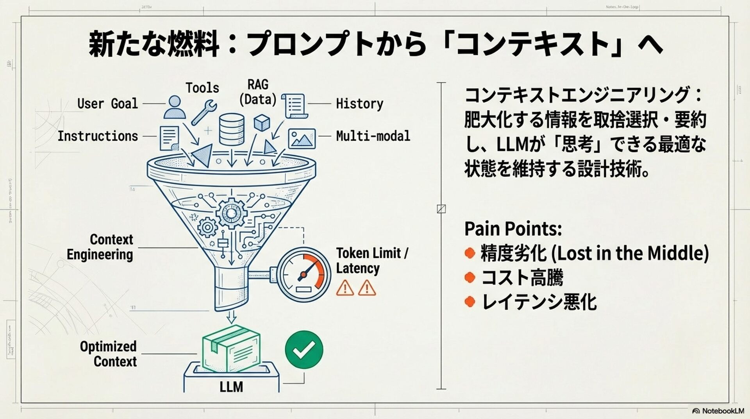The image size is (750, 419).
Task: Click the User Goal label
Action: click(107, 104)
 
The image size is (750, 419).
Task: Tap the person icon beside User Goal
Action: click(174, 107)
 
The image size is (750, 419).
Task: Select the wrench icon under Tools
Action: click(204, 112)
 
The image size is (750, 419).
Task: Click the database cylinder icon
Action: click(231, 129)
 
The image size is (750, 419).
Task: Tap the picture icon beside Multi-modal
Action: click(302, 138)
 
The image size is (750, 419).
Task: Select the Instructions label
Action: click(98, 136)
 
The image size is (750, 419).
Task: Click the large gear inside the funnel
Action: click(231, 213)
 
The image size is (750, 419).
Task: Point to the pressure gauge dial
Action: click(303, 274)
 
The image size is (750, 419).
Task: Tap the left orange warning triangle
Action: click(345, 288)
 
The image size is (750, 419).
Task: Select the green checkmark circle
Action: click(304, 349)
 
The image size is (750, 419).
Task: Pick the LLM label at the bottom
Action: click(231, 387)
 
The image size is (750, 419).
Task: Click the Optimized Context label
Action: click(108, 354)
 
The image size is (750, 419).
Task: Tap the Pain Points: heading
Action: click(513, 229)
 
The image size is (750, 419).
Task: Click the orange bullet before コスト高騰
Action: click(470, 278)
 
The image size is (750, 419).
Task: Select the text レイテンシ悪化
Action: click(539, 302)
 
